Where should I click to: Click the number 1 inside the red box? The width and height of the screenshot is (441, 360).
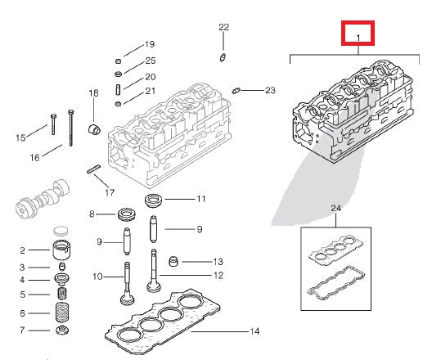click(358, 36)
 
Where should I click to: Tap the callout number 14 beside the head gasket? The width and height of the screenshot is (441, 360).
click(254, 331)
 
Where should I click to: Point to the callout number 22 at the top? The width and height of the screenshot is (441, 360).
click(223, 28)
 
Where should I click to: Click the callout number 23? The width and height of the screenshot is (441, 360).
click(270, 90)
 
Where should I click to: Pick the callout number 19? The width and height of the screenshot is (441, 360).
click(150, 44)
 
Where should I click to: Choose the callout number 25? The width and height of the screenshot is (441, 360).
click(150, 61)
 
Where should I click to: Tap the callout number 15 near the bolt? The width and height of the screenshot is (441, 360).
click(20, 137)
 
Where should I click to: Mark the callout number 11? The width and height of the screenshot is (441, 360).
click(200, 199)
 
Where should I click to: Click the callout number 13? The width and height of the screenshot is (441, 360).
click(217, 262)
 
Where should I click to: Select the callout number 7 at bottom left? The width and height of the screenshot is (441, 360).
click(22, 330)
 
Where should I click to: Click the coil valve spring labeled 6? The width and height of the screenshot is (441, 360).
click(61, 312)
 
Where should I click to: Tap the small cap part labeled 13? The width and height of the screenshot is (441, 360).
click(173, 262)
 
